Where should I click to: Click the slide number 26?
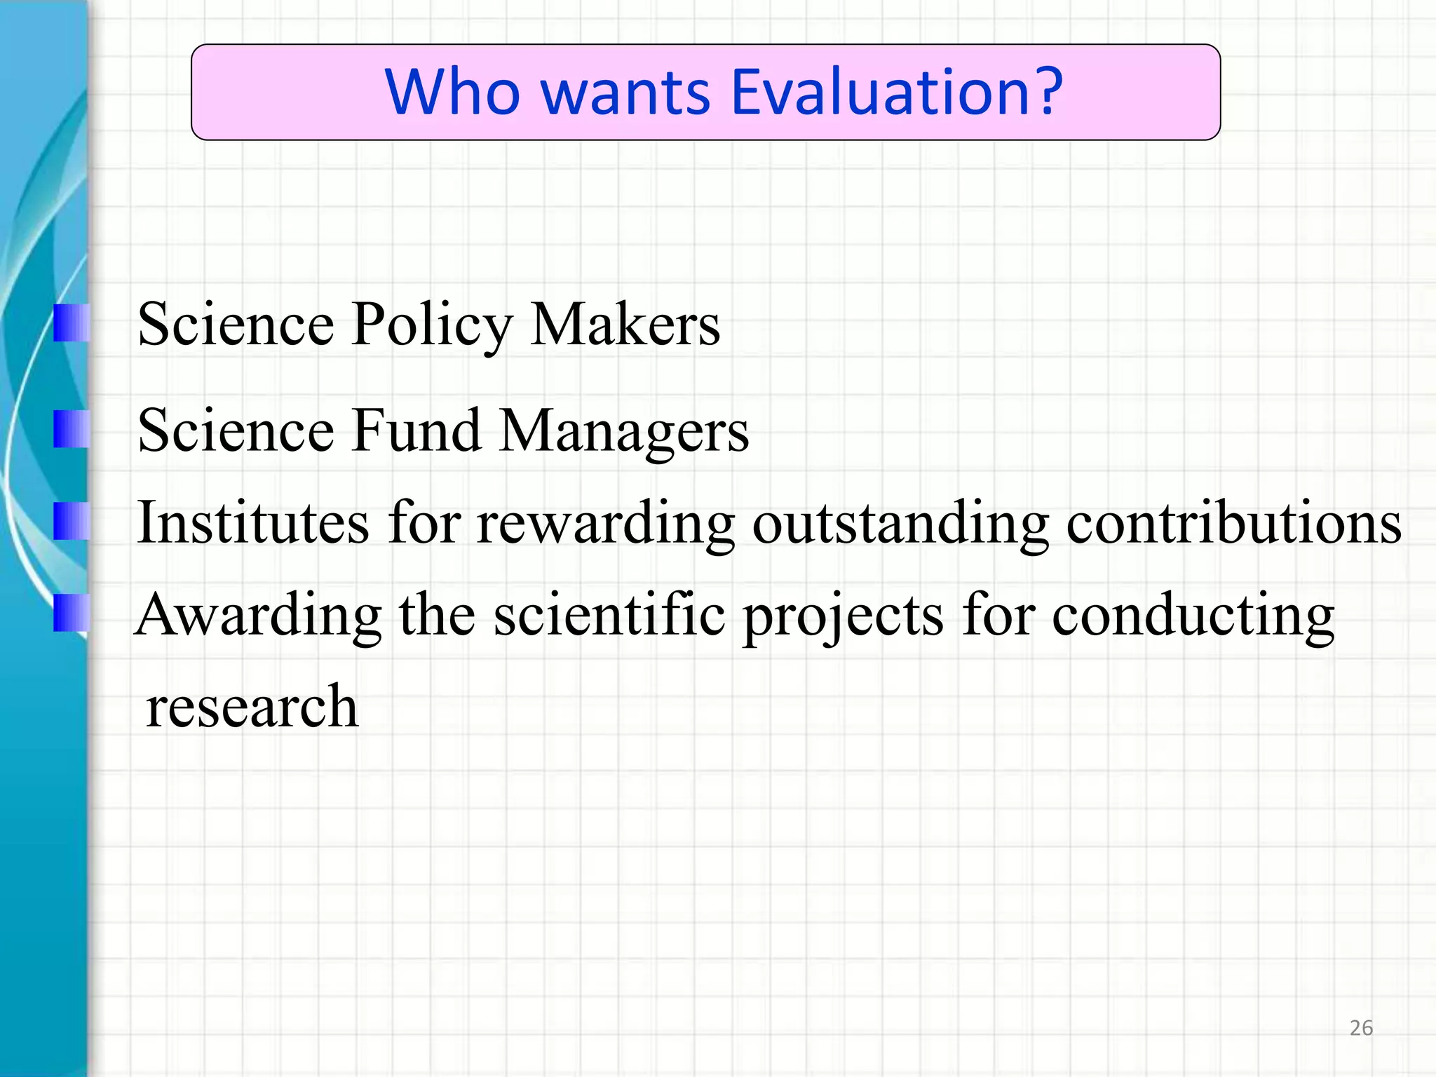[1361, 1028]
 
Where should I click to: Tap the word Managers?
[624, 432]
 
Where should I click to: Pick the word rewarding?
[605, 524]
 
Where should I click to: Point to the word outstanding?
[900, 524]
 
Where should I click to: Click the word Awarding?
[259, 616]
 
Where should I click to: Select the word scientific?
[609, 614]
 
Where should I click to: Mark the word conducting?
[1193, 616]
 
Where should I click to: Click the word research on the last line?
[252, 706]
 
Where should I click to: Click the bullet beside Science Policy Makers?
[71, 323]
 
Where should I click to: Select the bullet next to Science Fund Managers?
[71, 429]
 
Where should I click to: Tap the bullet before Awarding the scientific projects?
[71, 613]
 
